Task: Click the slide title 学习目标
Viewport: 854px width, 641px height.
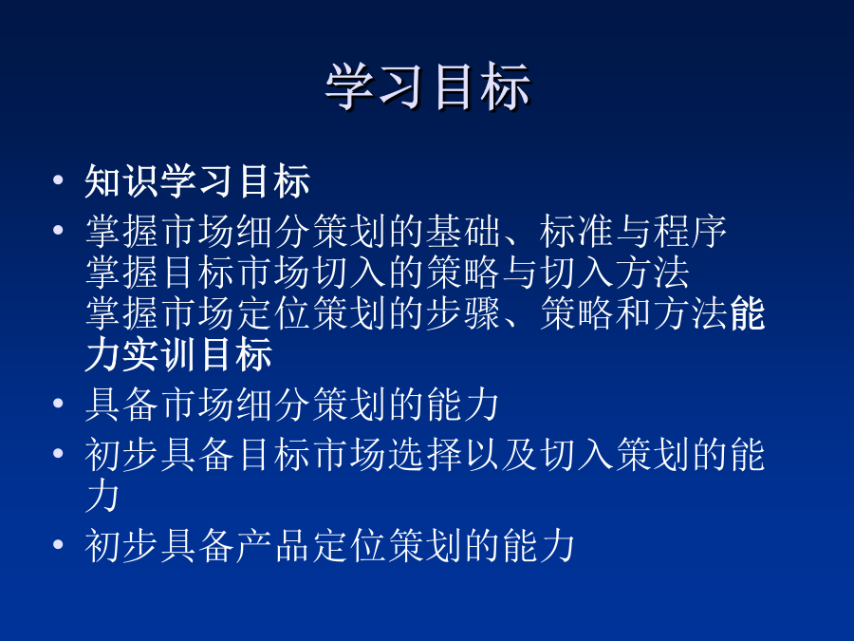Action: pyautogui.click(x=428, y=86)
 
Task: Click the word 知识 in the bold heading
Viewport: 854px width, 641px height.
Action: pyautogui.click(x=122, y=180)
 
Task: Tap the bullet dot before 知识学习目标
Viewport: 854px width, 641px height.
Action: pyautogui.click(x=58, y=179)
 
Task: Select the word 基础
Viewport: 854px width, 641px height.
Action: pyautogui.click(x=463, y=231)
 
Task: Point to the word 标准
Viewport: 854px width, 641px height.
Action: pyautogui.click(x=577, y=231)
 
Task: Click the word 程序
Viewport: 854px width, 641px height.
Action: pyautogui.click(x=691, y=231)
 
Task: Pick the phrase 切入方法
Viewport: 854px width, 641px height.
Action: pyautogui.click(x=616, y=273)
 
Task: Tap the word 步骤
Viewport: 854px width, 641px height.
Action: pyautogui.click(x=463, y=313)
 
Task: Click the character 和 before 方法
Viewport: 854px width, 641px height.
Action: pyautogui.click(x=634, y=313)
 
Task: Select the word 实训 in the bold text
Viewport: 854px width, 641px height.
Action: pyautogui.click(x=160, y=354)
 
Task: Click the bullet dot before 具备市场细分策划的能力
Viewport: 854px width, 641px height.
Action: pyautogui.click(x=58, y=404)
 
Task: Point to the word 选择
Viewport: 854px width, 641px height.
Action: pyautogui.click(x=425, y=454)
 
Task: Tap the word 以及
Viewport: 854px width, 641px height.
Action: pyautogui.click(x=501, y=454)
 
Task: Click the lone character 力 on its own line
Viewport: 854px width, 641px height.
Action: pyautogui.click(x=102, y=496)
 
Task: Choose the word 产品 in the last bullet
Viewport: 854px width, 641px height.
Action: pyautogui.click(x=274, y=545)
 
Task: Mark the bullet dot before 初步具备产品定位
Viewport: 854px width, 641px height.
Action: pyautogui.click(x=58, y=544)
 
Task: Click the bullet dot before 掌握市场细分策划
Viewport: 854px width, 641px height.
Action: pyautogui.click(x=58, y=230)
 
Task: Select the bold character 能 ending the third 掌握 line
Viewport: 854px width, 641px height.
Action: pyautogui.click(x=748, y=313)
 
